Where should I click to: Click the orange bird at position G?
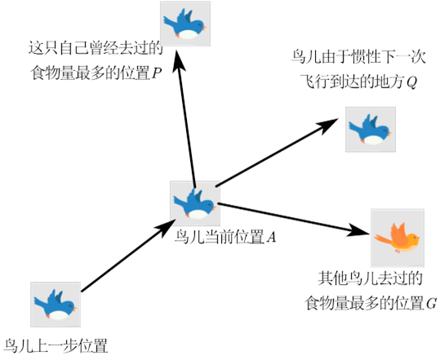click(x=398, y=238)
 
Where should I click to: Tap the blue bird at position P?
click(x=185, y=24)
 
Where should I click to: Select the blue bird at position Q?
click(x=370, y=129)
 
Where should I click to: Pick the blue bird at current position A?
click(x=195, y=203)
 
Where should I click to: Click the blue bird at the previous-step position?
click(x=56, y=304)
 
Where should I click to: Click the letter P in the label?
click(x=157, y=74)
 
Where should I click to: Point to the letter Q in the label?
click(x=411, y=82)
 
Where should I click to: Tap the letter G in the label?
click(x=432, y=304)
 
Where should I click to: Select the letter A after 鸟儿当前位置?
click(x=271, y=238)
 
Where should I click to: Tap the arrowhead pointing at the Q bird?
click(x=327, y=125)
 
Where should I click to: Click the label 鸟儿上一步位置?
click(x=56, y=345)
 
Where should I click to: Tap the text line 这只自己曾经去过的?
click(x=96, y=48)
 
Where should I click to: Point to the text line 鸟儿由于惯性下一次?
click(x=358, y=56)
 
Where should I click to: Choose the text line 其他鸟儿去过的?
click(x=370, y=278)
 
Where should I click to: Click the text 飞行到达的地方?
click(x=353, y=82)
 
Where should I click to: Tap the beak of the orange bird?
click(x=419, y=238)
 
